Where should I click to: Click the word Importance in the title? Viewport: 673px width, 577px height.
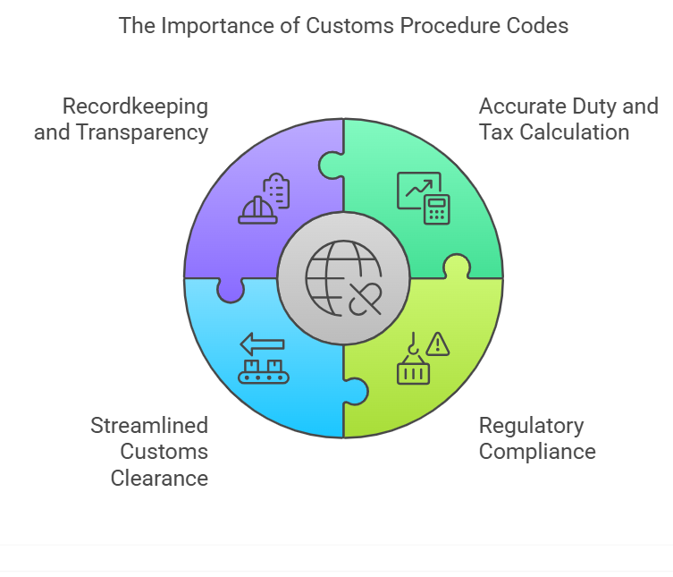coord(211,25)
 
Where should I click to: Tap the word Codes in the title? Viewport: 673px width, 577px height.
coord(539,25)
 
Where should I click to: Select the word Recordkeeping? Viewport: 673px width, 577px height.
coord(135,106)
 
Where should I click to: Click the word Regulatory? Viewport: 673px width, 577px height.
coord(531,425)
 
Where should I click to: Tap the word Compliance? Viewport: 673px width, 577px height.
coord(537,451)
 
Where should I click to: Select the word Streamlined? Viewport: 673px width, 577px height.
coord(149,425)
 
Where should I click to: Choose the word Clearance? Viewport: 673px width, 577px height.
coord(159,478)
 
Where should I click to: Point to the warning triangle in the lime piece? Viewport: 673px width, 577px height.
coord(438,344)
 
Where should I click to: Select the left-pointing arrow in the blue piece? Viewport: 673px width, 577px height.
coord(262,343)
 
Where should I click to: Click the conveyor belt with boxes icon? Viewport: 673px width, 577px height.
coord(264,370)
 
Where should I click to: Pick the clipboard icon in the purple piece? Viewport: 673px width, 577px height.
coord(278,191)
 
